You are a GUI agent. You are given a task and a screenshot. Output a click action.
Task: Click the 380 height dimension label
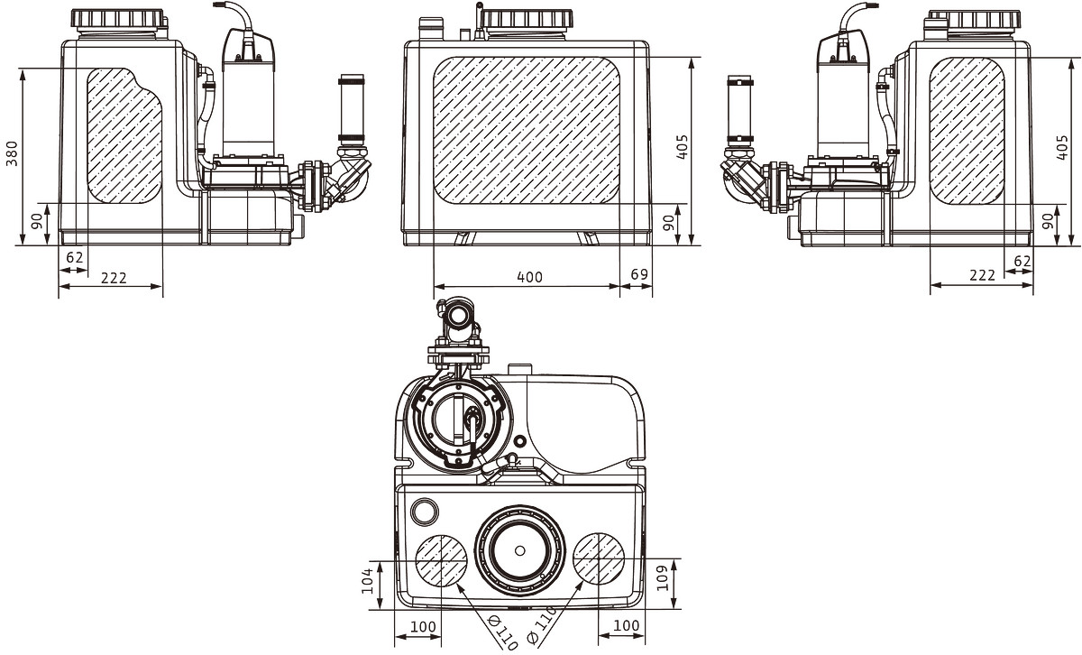[x=12, y=153]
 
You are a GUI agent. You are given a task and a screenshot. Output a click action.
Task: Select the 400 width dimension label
[x=530, y=277]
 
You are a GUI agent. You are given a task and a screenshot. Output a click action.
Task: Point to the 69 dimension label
[x=639, y=274]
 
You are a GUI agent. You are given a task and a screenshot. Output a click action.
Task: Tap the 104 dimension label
[x=368, y=580]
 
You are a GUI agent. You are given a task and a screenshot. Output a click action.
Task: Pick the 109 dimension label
[x=662, y=578]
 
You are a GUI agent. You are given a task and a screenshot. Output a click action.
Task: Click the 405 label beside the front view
[x=682, y=147]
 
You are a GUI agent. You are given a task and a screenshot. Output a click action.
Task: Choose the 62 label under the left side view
[x=74, y=258]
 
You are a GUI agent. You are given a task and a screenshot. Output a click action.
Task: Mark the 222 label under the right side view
[x=983, y=275]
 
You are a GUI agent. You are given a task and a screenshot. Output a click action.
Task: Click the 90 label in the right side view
[x=1048, y=221]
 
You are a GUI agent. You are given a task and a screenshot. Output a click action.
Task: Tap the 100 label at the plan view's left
[x=423, y=627]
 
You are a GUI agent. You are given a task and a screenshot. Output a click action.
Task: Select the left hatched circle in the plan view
[x=442, y=560]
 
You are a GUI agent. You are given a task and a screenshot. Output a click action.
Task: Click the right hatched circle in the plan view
[x=599, y=558]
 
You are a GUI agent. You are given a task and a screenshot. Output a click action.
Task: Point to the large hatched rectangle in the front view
[x=527, y=131]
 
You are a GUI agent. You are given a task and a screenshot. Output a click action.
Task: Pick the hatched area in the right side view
[x=967, y=131]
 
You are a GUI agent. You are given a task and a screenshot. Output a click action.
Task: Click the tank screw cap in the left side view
[x=116, y=19]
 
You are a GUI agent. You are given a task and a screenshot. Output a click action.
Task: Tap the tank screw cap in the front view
[x=527, y=19]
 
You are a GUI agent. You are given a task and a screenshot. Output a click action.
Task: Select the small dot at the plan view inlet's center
[x=519, y=550]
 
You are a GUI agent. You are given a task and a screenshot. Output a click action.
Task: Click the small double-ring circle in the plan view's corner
[x=425, y=511]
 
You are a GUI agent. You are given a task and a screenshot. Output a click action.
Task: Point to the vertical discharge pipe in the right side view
[x=739, y=110]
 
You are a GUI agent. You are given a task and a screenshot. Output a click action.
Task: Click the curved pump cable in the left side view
[x=236, y=14]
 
